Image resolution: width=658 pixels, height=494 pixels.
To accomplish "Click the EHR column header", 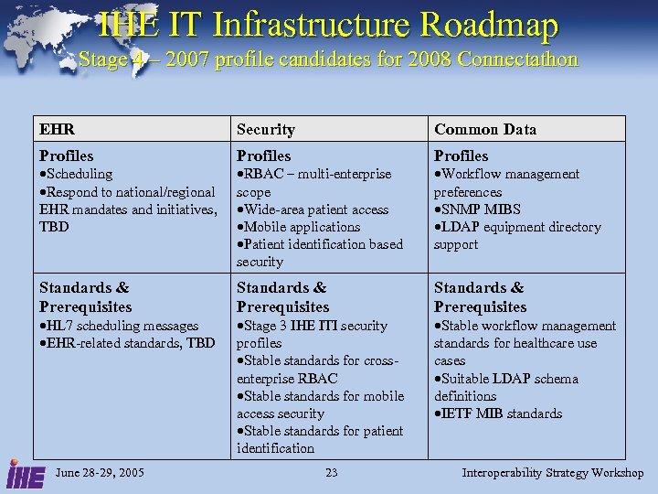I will (x=57, y=130).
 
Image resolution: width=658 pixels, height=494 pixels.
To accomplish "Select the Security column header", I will (x=265, y=130).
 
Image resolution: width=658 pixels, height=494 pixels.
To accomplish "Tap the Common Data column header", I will (x=484, y=130).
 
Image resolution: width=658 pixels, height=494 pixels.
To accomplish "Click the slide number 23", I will (x=331, y=473).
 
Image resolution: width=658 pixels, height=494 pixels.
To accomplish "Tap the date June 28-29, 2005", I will (x=99, y=473).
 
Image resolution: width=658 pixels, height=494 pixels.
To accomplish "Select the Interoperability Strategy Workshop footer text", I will (x=552, y=473).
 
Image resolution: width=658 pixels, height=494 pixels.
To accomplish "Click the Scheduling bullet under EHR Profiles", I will (x=78, y=174).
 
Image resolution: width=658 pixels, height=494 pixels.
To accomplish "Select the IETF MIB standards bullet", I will (x=500, y=413).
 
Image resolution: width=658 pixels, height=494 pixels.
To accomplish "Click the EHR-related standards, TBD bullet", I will (x=129, y=343).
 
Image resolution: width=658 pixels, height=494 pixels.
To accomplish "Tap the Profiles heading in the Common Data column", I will (x=461, y=156).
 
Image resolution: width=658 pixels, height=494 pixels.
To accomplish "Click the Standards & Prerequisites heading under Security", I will (x=282, y=297).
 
